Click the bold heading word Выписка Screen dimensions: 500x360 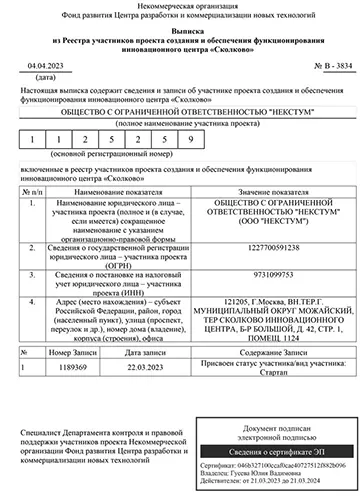click(x=181, y=34)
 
